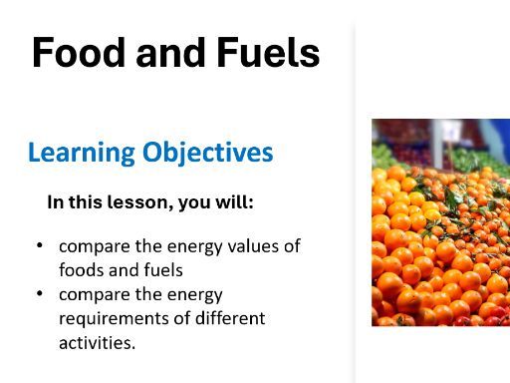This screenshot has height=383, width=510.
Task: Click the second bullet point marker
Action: coord(39,294)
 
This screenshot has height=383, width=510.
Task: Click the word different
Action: coord(230,318)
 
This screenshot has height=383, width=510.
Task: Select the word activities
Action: coord(97,342)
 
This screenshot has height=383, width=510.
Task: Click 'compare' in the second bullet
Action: coord(91,294)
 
